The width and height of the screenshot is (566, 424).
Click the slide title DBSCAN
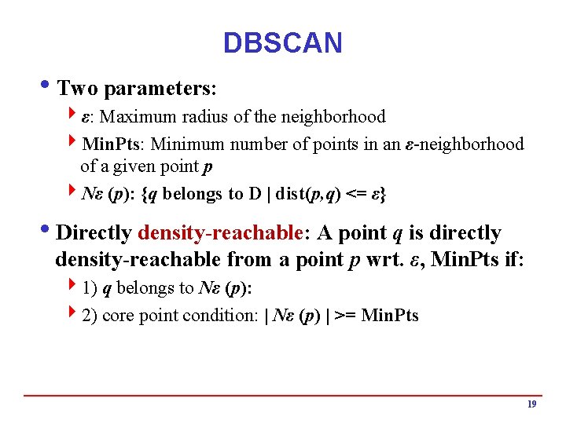click(x=282, y=42)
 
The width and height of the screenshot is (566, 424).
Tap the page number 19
click(x=531, y=404)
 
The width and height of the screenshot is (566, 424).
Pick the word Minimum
click(x=187, y=144)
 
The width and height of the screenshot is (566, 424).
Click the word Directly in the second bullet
click(x=94, y=233)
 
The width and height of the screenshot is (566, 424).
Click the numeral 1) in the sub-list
click(x=90, y=288)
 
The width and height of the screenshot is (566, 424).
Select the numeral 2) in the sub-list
click(x=90, y=316)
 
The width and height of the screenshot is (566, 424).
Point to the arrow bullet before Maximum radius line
click(x=73, y=117)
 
